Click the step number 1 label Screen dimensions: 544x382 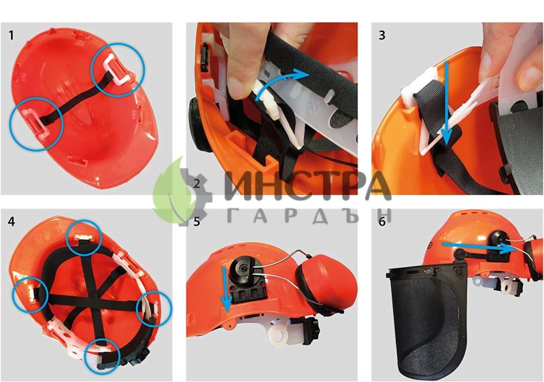click(x=12, y=35)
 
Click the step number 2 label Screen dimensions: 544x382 click(x=197, y=184)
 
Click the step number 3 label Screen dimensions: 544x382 click(x=382, y=35)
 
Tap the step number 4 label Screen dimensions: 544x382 click(x=12, y=222)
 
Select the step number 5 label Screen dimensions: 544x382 click(x=197, y=222)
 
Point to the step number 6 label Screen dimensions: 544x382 click(x=382, y=222)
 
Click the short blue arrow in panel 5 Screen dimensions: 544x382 click(x=226, y=290)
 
